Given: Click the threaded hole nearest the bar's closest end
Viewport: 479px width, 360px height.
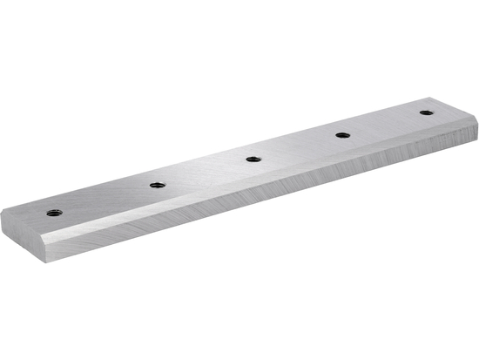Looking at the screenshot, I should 52,211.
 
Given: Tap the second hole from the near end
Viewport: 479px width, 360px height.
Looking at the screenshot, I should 158,184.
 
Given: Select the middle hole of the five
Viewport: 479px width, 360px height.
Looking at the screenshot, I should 253,159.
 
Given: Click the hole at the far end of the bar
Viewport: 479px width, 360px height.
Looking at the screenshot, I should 425,112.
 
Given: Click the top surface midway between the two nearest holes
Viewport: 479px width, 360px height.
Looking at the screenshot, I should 105,198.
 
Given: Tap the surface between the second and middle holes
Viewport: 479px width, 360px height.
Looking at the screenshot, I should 206,172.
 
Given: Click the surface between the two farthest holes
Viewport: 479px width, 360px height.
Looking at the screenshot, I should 384,124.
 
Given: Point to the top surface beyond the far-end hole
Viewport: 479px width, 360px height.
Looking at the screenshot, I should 449,108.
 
